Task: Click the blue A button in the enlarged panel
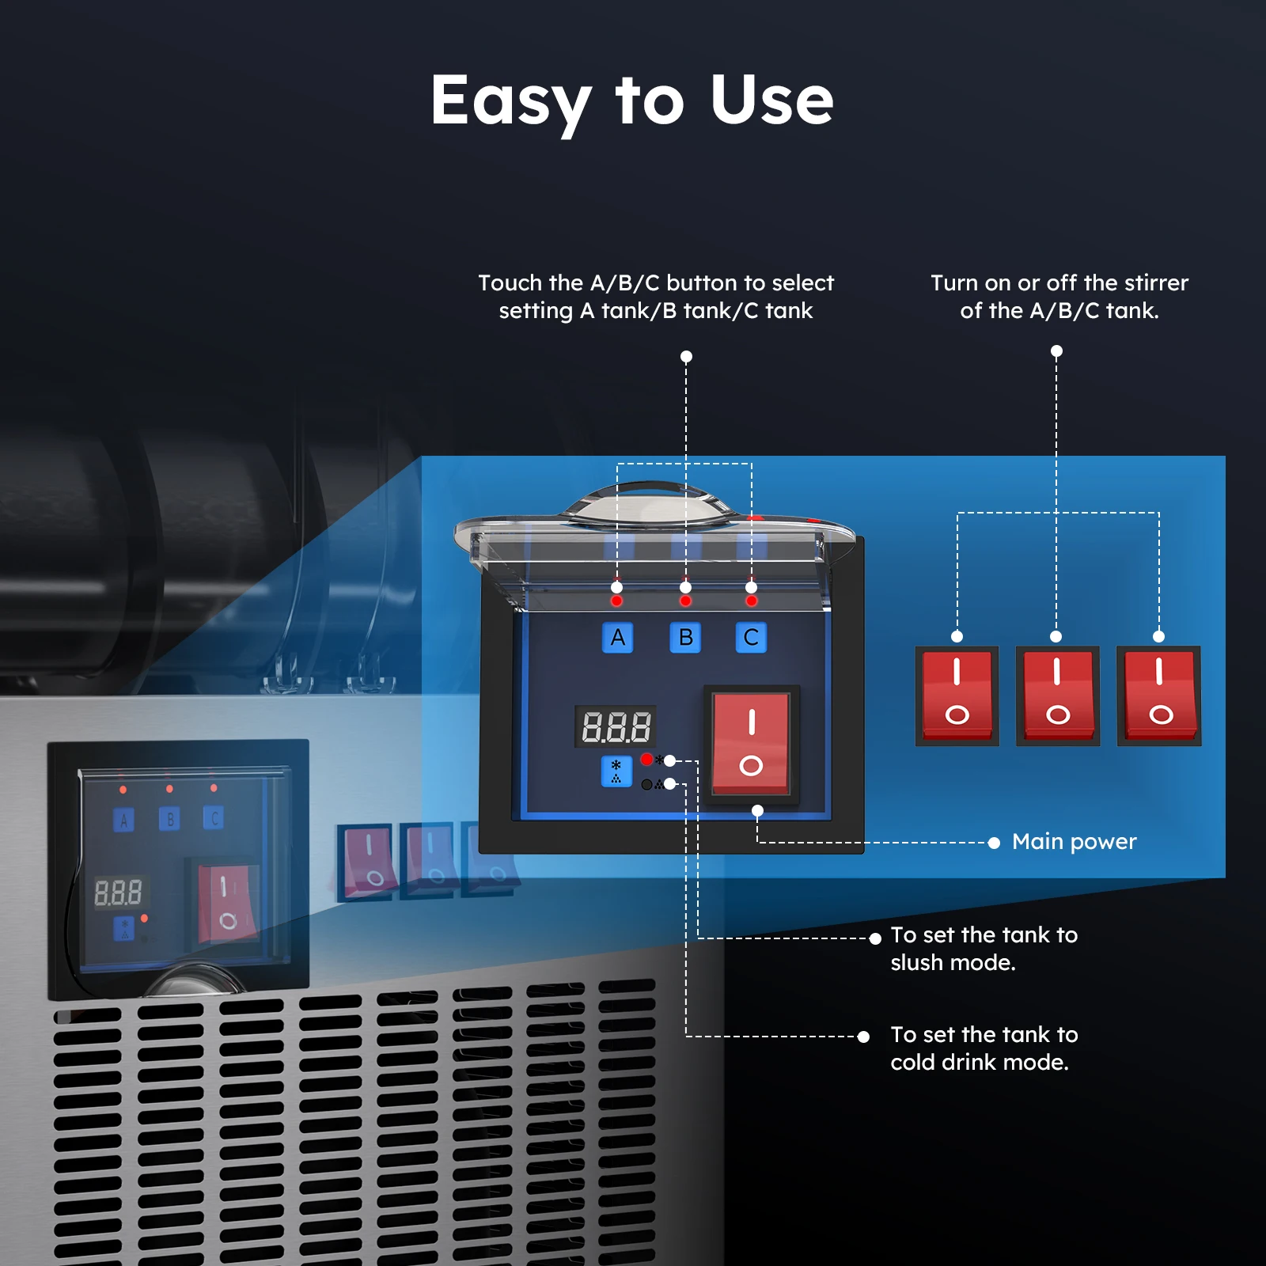coord(617,638)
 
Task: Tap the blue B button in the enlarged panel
coord(685,638)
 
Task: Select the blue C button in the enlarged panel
coord(751,638)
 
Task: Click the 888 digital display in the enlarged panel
coord(616,726)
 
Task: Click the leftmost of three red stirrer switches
coord(957,696)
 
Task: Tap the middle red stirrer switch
coord(1057,696)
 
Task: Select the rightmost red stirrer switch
coord(1159,696)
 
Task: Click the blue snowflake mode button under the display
coord(616,771)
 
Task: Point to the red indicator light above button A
coord(616,601)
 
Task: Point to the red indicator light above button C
coord(751,601)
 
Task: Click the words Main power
coord(1074,842)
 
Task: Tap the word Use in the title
coord(771,101)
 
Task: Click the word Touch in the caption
coord(510,283)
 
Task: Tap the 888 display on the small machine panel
coord(118,893)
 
